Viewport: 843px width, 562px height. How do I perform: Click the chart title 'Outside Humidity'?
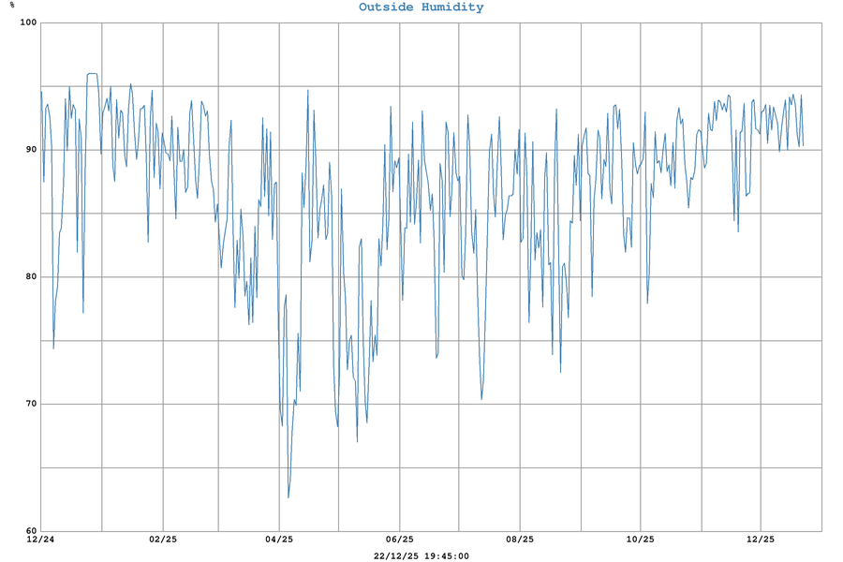(421, 7)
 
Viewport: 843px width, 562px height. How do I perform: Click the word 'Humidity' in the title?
(453, 7)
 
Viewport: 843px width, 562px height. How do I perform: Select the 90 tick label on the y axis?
(28, 150)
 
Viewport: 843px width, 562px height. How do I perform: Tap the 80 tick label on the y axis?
(28, 277)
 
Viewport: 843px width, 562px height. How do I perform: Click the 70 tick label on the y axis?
(28, 405)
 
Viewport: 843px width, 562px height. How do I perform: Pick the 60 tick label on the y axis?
(28, 530)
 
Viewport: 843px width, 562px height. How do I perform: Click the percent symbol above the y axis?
(12, 5)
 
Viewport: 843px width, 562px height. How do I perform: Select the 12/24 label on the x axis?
(40, 540)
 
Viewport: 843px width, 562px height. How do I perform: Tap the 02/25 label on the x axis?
(163, 540)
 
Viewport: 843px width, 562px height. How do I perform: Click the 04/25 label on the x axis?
(279, 540)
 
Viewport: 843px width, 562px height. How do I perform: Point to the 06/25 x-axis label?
(400, 540)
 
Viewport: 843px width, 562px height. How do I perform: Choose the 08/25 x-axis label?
(520, 540)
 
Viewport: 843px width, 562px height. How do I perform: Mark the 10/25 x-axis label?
(640, 540)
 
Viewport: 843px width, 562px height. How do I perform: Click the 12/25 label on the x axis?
(761, 540)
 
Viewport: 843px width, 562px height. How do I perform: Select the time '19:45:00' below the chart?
(446, 555)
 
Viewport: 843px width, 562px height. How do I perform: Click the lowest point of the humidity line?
(288, 497)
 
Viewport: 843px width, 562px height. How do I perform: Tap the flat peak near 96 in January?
(93, 73)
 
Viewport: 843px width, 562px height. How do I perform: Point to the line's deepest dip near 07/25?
(481, 399)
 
